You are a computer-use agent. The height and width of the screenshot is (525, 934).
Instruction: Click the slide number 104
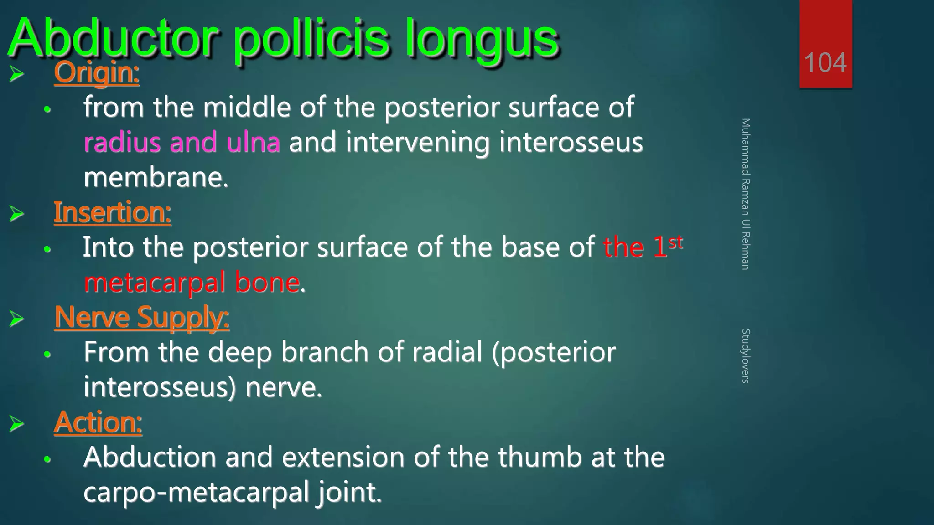pos(825,62)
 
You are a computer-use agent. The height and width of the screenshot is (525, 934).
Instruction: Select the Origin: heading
pos(96,72)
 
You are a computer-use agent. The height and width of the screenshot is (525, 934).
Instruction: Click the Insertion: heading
pos(112,212)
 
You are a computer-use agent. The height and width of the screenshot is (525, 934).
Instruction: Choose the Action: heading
pos(98,422)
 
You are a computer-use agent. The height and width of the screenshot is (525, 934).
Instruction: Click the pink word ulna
pos(253,142)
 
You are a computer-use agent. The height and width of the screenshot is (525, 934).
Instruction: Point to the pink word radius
pos(123,142)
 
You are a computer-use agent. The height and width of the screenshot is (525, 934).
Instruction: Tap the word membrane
pos(156,177)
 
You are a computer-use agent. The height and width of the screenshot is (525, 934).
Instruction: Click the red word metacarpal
pos(155,283)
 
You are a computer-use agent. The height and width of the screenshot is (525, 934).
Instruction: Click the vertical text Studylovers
pos(746,355)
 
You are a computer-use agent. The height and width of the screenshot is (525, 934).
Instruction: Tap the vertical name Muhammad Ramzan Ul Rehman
pos(746,194)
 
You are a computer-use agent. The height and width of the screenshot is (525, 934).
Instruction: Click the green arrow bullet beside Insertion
pos(17,213)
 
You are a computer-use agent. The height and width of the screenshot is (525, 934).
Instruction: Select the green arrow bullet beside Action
pos(17,423)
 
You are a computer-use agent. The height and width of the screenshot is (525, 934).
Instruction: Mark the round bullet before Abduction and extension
pos(47,459)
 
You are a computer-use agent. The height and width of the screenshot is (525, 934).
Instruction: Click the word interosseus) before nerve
pos(160,387)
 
